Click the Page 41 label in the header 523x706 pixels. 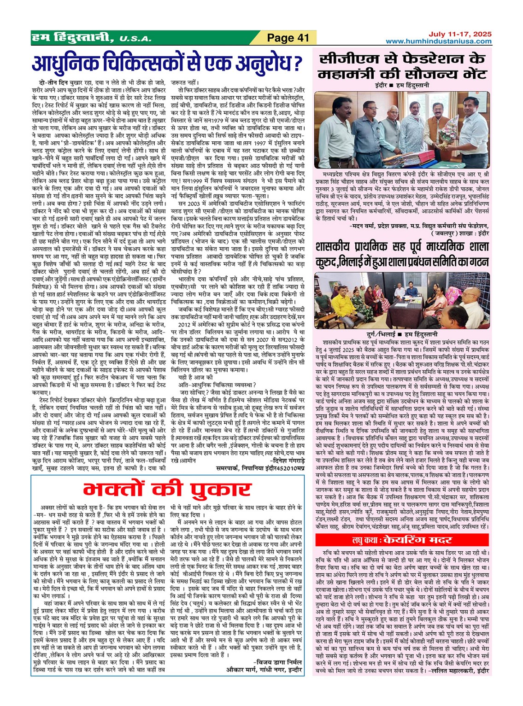[288, 38]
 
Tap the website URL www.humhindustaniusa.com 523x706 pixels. [438, 41]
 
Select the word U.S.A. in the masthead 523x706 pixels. [135, 39]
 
